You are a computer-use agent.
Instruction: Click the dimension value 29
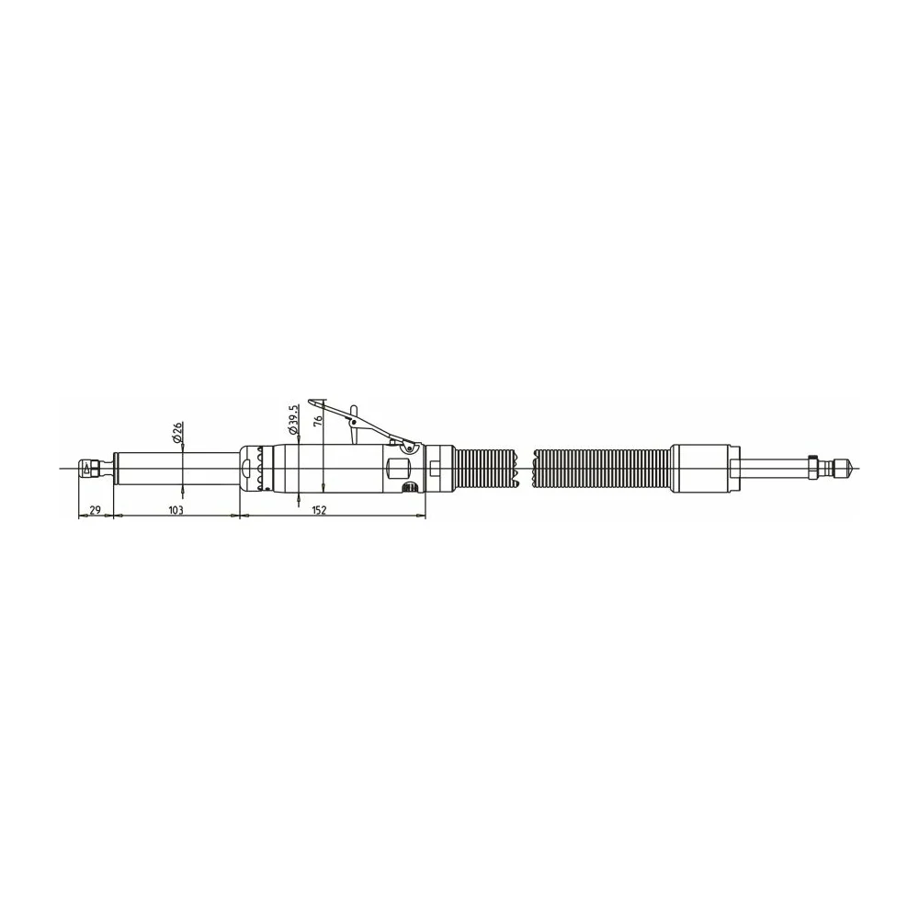(95, 509)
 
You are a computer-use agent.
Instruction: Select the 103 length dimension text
(176, 510)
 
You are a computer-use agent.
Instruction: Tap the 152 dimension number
(318, 510)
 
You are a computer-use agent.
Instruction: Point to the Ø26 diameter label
(177, 431)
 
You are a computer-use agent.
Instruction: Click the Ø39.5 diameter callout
(294, 418)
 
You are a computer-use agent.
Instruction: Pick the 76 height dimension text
(318, 418)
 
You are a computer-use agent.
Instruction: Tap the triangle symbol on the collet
(86, 469)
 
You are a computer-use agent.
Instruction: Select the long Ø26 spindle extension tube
(176, 469)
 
